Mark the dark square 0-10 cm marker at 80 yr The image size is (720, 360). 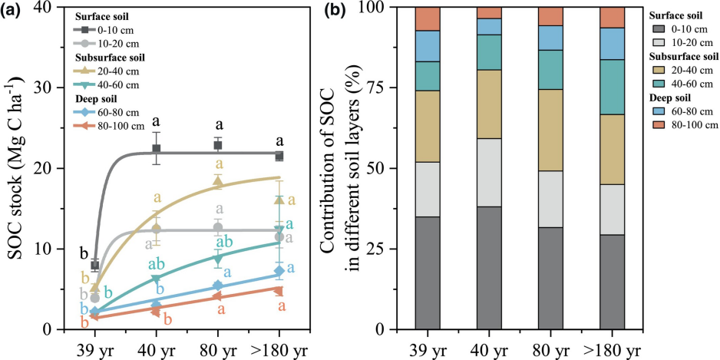tap(218, 145)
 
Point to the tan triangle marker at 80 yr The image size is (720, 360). tap(218, 182)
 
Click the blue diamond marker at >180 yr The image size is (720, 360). tap(279, 271)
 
